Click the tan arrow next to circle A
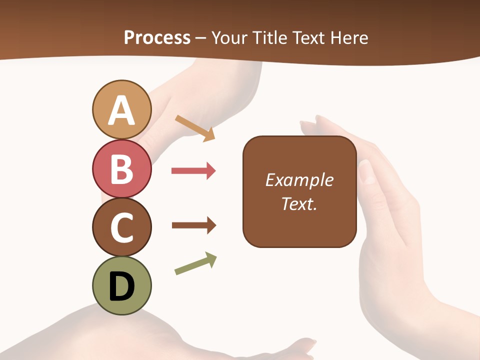click(x=195, y=128)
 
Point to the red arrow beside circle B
click(x=193, y=171)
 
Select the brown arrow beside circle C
click(x=194, y=225)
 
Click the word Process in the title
click(x=157, y=37)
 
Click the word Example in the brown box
click(x=299, y=180)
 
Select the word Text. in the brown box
click(x=299, y=203)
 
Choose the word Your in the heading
click(x=229, y=37)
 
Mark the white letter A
click(x=121, y=111)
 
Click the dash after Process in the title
click(x=201, y=38)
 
